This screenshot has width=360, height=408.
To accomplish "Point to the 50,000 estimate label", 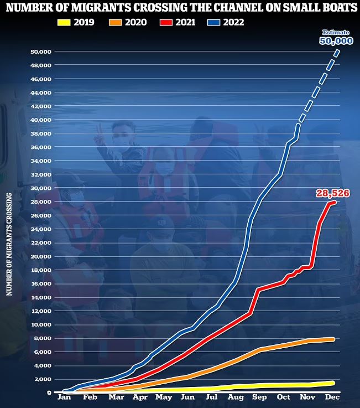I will click(336, 41).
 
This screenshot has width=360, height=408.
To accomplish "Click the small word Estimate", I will click(337, 33).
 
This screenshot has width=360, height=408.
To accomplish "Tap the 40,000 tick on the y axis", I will click(40, 120).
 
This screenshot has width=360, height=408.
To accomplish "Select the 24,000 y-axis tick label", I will click(40, 229).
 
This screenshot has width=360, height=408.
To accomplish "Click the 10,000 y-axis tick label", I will click(40, 325).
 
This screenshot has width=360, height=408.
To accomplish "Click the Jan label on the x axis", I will click(64, 398).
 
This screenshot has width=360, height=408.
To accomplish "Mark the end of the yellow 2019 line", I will click(333, 383).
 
